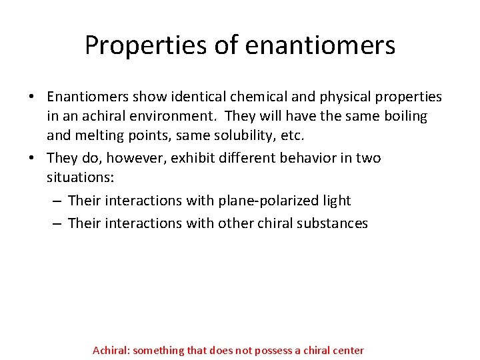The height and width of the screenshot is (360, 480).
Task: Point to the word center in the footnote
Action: (x=347, y=350)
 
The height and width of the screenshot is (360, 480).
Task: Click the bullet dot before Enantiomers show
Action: (x=32, y=97)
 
